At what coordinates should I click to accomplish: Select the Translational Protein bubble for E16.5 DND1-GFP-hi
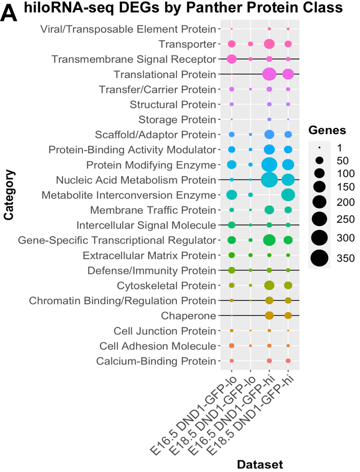pyautogui.click(x=269, y=74)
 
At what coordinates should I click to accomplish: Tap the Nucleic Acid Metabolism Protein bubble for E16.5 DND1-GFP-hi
pyautogui.click(x=269, y=180)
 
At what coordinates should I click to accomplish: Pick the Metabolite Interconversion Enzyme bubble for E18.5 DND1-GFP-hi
pyautogui.click(x=288, y=195)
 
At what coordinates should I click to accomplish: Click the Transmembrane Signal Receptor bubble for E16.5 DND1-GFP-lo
pyautogui.click(x=231, y=59)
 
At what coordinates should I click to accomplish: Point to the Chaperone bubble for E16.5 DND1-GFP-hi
pyautogui.click(x=269, y=316)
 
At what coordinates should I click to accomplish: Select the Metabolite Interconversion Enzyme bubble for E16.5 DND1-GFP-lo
pyautogui.click(x=231, y=195)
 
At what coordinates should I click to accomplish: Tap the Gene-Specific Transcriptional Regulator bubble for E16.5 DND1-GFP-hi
pyautogui.click(x=269, y=240)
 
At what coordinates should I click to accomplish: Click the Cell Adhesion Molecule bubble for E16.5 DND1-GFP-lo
pyautogui.click(x=231, y=346)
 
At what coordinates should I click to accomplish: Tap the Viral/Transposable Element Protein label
pyautogui.click(x=128, y=29)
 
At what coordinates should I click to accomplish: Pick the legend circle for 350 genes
pyautogui.click(x=319, y=258)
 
